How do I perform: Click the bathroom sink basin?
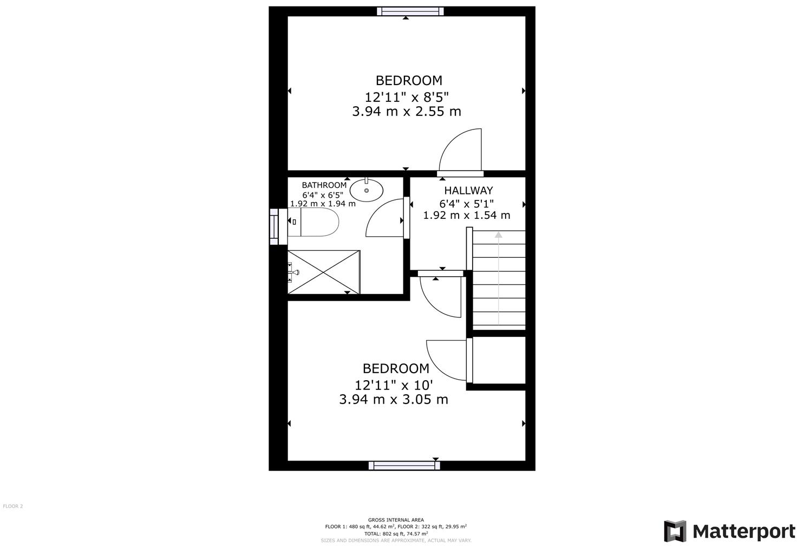point(367,190)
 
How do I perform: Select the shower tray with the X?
point(324,272)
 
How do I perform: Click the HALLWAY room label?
point(468,191)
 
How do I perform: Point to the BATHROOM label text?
point(324,185)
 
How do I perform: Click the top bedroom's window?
point(410,11)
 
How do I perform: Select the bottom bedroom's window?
point(404,465)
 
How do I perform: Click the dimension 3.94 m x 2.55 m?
point(406,112)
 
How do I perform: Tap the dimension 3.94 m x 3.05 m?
point(393,400)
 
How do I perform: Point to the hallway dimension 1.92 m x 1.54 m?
point(466,215)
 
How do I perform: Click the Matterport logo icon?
point(675,531)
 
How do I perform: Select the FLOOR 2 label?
point(13,506)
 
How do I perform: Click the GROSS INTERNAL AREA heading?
point(396,520)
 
